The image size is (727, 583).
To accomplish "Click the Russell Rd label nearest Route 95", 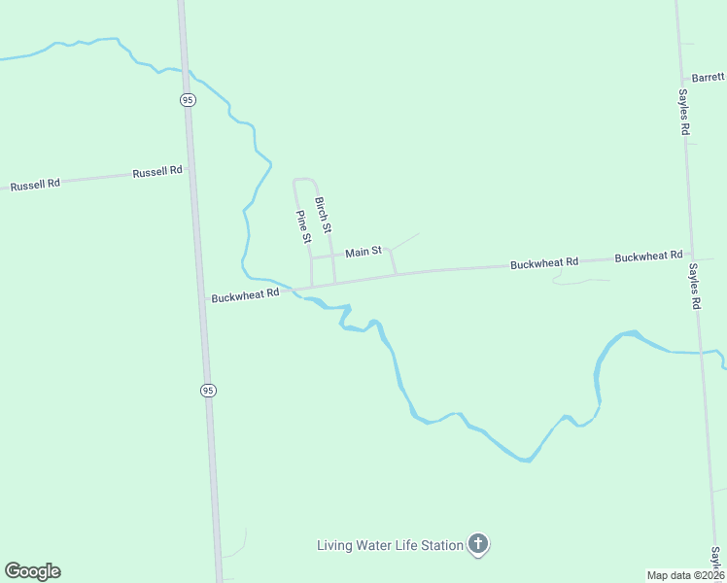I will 157,171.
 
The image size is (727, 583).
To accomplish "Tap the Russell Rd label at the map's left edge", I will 35,184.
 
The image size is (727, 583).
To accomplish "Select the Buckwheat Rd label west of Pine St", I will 245,293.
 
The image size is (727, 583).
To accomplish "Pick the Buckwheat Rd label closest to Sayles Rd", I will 648,257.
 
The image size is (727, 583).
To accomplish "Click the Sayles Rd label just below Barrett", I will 684,113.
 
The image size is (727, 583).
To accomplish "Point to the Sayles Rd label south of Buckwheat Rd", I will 695,286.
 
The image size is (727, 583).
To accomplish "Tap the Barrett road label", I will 709,77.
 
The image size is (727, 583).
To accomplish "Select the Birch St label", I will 324,215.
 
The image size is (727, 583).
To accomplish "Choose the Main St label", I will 363,252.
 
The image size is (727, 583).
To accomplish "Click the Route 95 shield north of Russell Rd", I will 188,99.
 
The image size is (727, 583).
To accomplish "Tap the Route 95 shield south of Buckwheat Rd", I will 208,390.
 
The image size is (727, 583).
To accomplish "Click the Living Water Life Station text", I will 390,545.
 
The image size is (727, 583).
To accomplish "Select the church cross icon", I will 477,544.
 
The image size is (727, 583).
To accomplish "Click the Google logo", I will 32,571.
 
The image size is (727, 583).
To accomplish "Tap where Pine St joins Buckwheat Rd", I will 312,286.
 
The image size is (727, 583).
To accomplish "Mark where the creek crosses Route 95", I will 186,70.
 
